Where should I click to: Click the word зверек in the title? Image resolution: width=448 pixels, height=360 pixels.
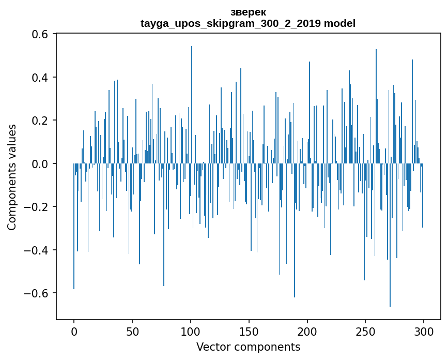click(248, 12)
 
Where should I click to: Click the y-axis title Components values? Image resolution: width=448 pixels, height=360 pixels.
click(12, 177)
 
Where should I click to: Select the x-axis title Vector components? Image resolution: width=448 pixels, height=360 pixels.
click(248, 347)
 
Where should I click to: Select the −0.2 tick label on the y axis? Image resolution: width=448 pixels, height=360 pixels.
click(36, 207)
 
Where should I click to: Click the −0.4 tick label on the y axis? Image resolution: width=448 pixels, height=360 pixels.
click(36, 250)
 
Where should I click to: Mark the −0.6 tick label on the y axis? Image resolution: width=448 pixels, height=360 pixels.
click(36, 293)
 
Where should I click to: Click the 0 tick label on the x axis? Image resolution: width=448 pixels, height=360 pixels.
click(74, 331)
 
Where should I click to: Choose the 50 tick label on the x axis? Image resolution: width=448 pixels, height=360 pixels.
click(132, 331)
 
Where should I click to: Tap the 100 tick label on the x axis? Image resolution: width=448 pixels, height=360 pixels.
click(191, 331)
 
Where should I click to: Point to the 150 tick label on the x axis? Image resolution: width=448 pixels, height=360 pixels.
click(249, 331)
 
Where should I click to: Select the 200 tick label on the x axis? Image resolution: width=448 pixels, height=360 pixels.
click(307, 331)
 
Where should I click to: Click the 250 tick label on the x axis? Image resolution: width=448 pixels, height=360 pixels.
click(365, 331)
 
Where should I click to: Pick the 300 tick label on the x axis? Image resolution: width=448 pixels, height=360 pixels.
click(424, 331)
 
